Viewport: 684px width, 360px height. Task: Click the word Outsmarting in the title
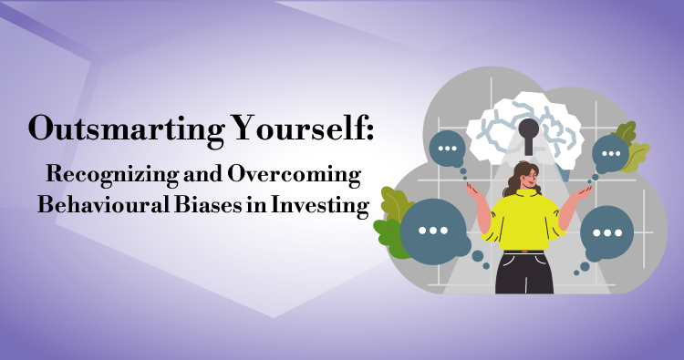coord(127,129)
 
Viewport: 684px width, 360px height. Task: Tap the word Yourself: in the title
coord(302,129)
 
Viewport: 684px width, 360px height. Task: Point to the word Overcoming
coord(294,175)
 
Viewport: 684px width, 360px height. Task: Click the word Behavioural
coord(103,204)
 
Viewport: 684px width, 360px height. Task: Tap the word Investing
coord(320,205)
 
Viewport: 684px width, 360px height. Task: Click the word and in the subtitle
coord(202,175)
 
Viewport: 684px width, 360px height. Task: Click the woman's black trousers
coord(524,273)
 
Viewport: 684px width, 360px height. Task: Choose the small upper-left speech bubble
coord(447,149)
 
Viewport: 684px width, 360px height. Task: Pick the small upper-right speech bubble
coord(610,153)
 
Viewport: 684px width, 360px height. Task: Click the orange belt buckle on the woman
coord(524,252)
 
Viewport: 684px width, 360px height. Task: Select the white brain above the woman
coord(524,127)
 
